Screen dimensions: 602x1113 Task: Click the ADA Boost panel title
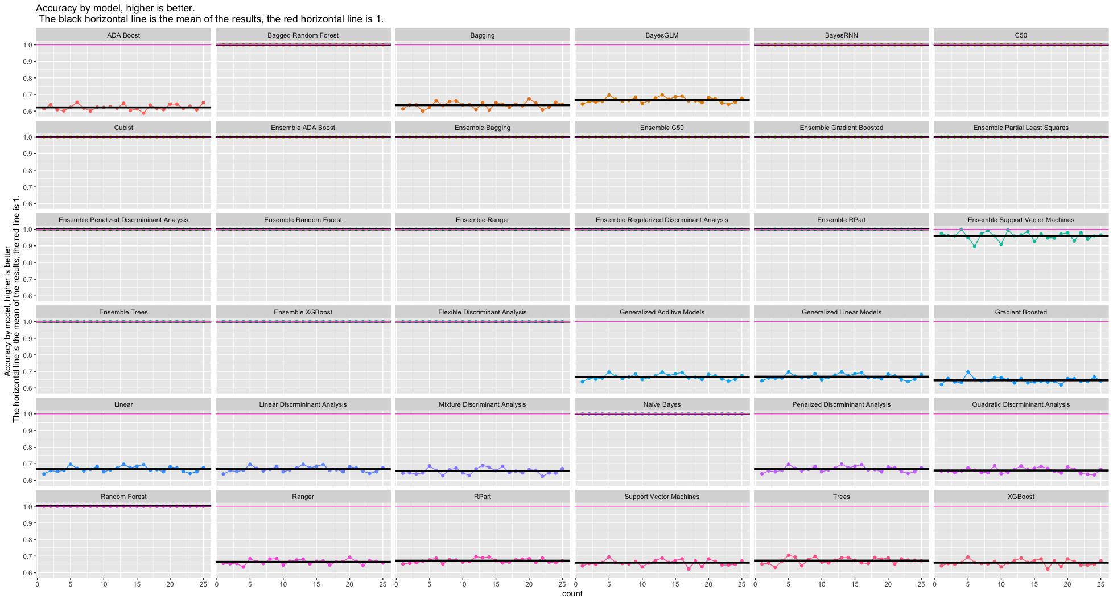(123, 35)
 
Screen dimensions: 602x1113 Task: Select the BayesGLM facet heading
(662, 35)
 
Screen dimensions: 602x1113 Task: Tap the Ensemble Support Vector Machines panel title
(1021, 220)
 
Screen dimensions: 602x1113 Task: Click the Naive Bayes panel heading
(662, 404)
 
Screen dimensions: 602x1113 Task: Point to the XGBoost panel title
(1021, 497)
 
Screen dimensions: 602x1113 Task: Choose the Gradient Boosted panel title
(1021, 312)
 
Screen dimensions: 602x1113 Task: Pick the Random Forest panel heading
(123, 497)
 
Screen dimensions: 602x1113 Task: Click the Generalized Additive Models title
(662, 312)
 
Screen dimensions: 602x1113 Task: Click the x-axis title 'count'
(572, 593)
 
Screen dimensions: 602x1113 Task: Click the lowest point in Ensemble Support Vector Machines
(975, 247)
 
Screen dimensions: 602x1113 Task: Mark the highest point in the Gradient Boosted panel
(968, 372)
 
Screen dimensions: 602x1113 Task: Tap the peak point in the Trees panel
(788, 555)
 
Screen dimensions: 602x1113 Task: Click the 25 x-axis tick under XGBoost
(1100, 584)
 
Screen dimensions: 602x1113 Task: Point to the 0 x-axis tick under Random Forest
(38, 584)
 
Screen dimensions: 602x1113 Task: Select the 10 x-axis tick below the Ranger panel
(283, 584)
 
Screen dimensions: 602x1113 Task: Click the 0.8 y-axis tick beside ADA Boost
(27, 78)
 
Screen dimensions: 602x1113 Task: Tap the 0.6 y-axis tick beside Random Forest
(27, 572)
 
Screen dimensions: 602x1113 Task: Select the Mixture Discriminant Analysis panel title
(483, 404)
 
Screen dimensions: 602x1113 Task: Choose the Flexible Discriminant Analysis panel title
(483, 312)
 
